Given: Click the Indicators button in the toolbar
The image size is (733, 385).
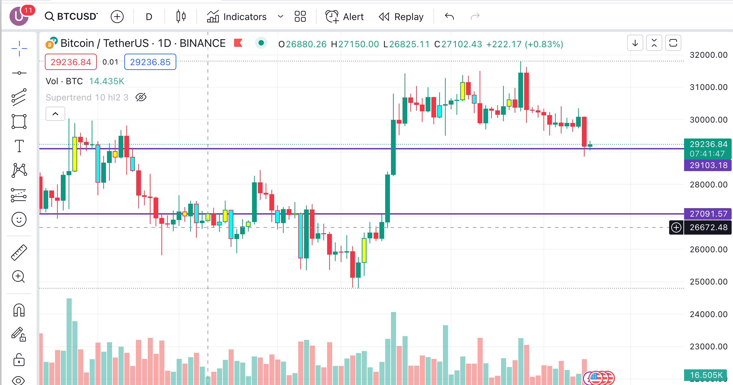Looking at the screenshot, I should point(237,17).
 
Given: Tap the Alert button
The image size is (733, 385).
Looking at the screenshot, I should point(345,17).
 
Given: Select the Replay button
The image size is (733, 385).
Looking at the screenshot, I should point(401,17).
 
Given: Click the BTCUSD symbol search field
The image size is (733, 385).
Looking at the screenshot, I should point(72,16).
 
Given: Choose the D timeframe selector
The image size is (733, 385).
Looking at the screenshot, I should point(149,17).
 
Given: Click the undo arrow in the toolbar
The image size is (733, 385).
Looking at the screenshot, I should point(449,16).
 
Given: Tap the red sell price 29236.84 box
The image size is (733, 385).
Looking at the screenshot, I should point(71,62).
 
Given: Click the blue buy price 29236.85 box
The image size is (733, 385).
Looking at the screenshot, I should point(150,62).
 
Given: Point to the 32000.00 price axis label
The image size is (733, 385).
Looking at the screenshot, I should point(708,55).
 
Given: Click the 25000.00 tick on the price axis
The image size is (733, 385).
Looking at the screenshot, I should point(708,282).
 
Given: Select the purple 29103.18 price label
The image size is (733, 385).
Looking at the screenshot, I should point(708,165).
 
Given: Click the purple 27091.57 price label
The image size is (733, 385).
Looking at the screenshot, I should point(708,214).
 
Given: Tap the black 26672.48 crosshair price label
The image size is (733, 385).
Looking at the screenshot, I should point(708,227).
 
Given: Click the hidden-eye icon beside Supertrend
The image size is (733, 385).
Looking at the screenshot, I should point(141,97).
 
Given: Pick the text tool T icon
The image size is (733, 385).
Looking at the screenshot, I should point(19,146).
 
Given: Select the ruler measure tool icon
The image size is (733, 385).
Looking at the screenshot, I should point(19,253).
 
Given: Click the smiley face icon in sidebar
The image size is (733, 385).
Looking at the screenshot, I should point(19,219).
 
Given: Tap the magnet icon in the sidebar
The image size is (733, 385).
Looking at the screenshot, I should point(19,310).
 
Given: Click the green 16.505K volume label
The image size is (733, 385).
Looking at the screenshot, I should point(706,375).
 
